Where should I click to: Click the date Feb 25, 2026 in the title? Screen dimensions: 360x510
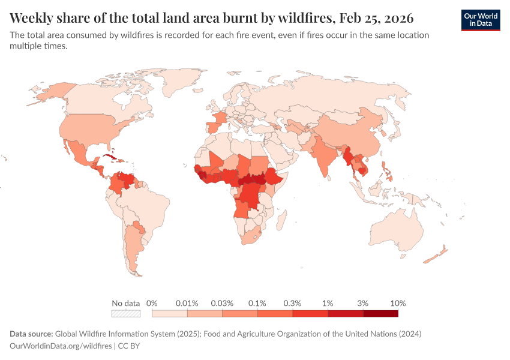[379, 16]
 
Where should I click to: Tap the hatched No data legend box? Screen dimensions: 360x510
[126, 313]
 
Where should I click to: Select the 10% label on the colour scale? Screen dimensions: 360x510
[398, 303]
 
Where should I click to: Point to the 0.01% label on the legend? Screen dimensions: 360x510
[187, 303]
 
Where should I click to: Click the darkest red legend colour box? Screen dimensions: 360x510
[380, 313]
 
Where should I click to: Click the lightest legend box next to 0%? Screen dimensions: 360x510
[170, 313]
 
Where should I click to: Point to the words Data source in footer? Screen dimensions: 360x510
[31, 334]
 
